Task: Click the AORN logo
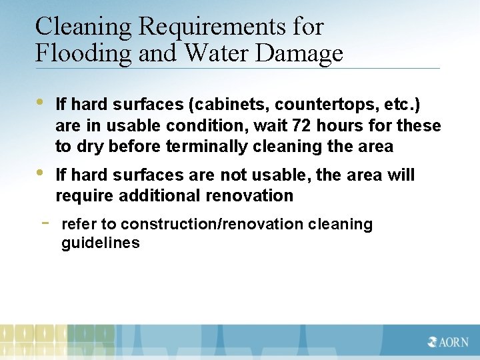click(x=448, y=342)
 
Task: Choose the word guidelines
click(x=101, y=243)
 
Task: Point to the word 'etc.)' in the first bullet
click(x=400, y=105)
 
